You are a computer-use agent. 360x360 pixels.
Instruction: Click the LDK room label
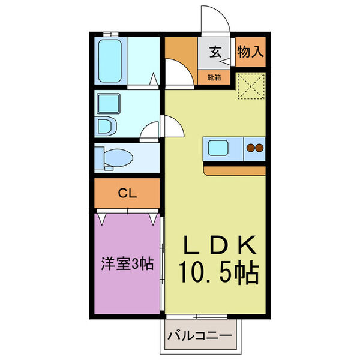[220, 245]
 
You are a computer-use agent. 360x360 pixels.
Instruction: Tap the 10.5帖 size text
[218, 273]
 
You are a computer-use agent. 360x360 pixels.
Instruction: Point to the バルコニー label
[200, 335]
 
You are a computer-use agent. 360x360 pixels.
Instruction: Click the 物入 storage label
[250, 52]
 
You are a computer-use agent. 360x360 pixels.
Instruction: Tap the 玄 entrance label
[215, 52]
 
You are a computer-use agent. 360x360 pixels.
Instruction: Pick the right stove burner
[260, 148]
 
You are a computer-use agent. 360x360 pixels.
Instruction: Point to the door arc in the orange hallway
[179, 71]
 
